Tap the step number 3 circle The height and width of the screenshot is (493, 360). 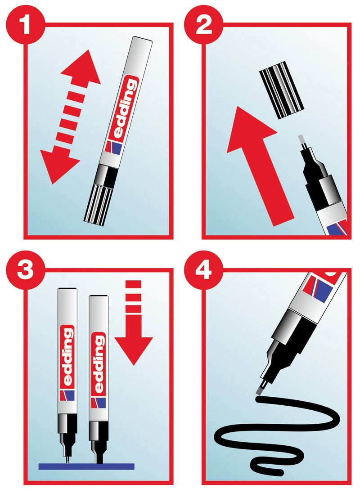[x=25, y=270]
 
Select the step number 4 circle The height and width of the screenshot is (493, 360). [x=204, y=270]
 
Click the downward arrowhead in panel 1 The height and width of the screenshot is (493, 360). [x=58, y=165]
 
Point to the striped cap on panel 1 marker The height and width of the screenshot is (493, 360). [x=98, y=206]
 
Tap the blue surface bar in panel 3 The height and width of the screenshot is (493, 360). [x=86, y=466]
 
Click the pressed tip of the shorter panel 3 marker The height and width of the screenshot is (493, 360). [x=99, y=459]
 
